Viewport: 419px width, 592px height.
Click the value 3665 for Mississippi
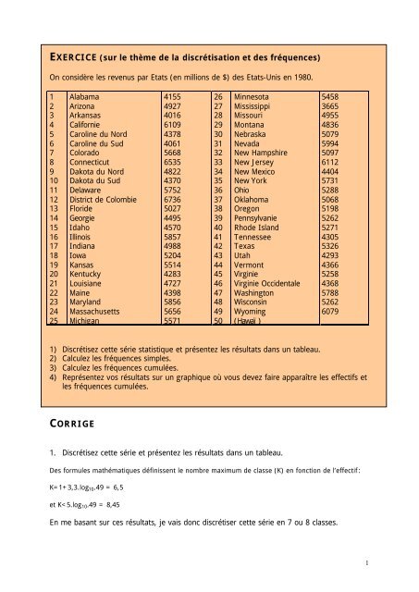point(331,108)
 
